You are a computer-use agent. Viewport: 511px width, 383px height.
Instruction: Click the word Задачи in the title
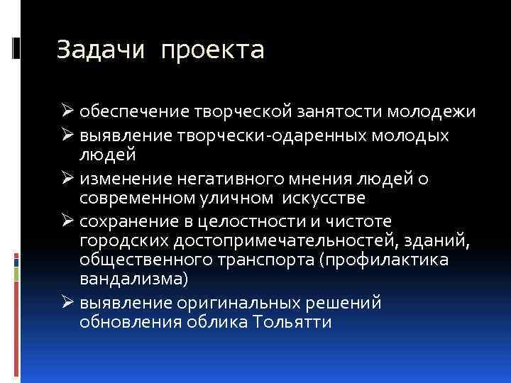pyautogui.click(x=100, y=50)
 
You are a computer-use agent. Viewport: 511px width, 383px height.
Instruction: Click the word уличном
pyautogui.click(x=241, y=196)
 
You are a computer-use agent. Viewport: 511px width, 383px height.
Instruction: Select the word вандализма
pyautogui.click(x=133, y=279)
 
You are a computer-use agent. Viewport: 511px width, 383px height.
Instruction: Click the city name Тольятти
pyautogui.click(x=292, y=322)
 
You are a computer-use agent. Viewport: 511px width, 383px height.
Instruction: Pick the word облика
pyautogui.click(x=211, y=322)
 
